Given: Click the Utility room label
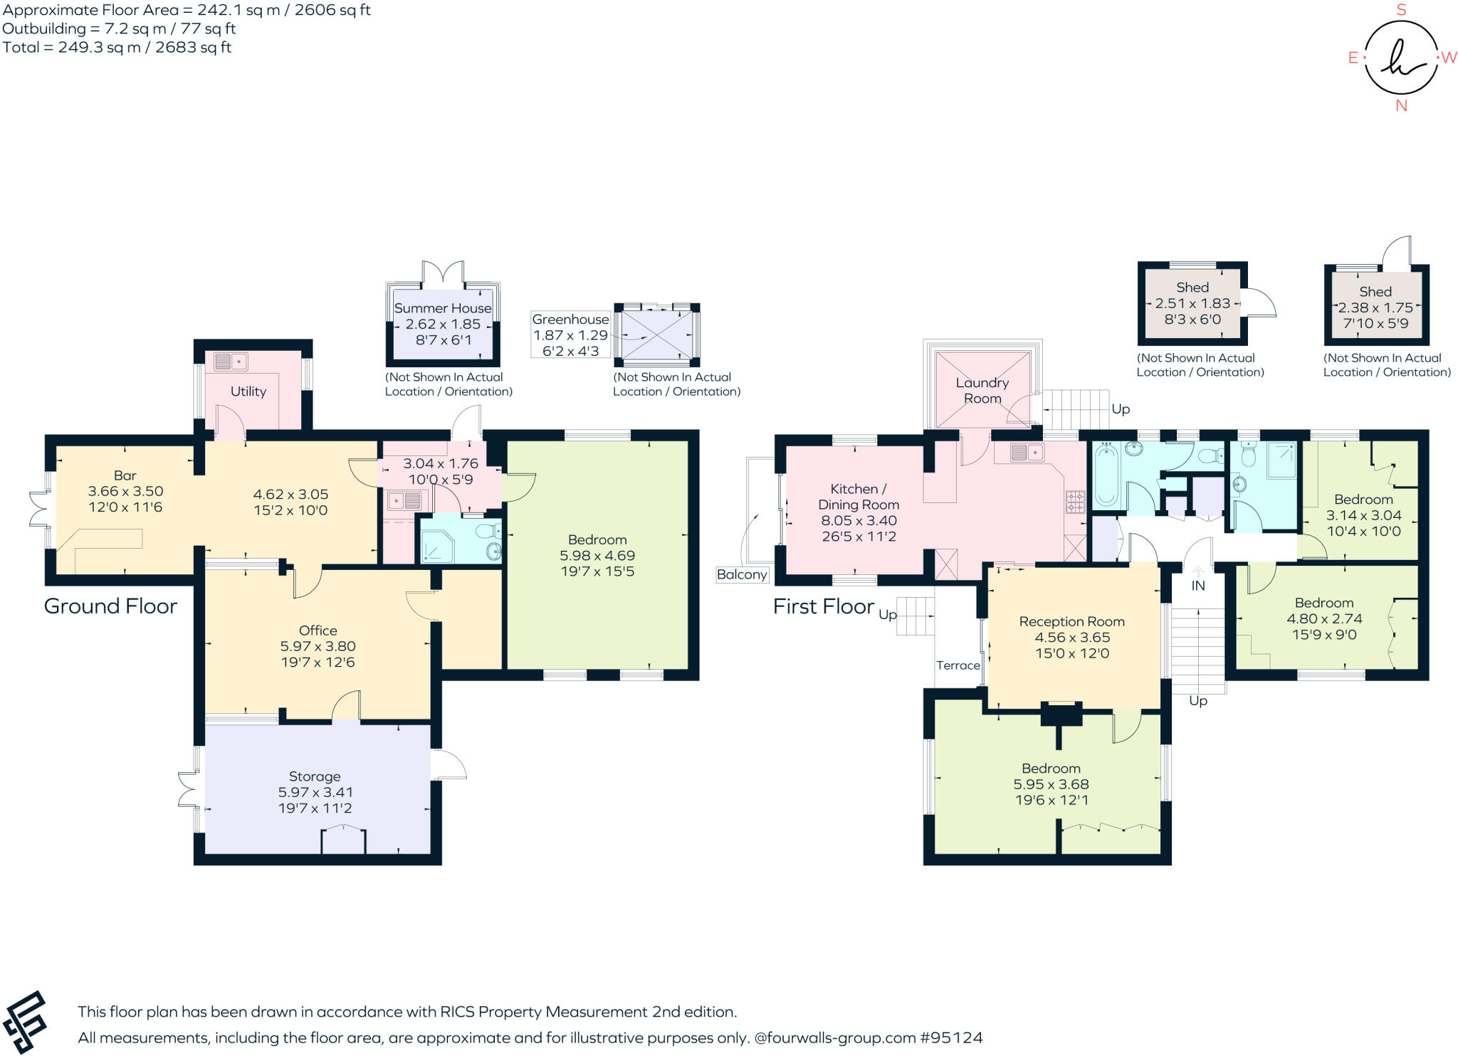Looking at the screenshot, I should [248, 391].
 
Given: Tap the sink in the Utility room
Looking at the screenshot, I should [229, 361].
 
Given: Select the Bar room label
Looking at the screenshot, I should [125, 475].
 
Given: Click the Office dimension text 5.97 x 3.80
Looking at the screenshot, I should [318, 646].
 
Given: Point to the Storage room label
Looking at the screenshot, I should [315, 776].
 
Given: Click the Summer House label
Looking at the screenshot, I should [443, 308].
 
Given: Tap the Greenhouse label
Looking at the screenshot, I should [570, 320].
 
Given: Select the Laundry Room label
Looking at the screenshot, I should [982, 391].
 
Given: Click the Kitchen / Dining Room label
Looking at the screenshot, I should [859, 497].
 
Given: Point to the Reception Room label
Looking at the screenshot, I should [1071, 621].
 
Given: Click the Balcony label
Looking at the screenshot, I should [742, 574].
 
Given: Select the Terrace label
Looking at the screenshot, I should [958, 665].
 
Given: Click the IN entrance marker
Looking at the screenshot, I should [1198, 586].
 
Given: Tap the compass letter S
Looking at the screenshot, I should [1401, 10].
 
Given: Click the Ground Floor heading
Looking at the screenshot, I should [110, 606].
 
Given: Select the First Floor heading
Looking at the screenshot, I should [824, 606].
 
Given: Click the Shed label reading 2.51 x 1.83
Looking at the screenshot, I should [1192, 303].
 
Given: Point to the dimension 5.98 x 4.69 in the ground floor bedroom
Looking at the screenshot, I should [597, 556].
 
